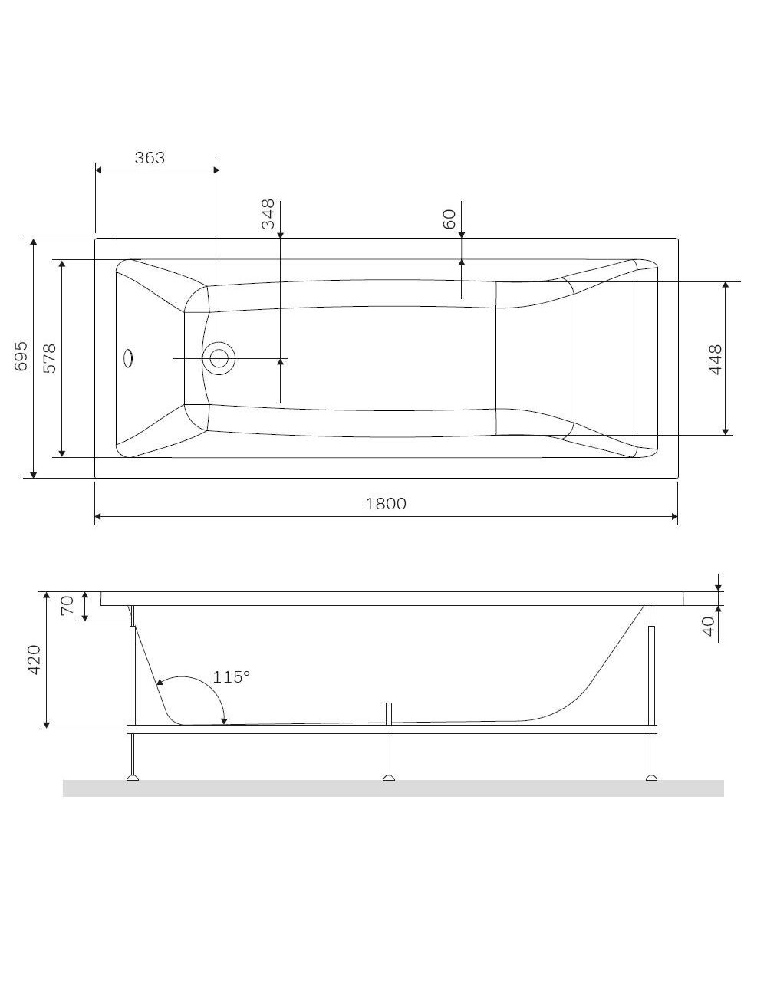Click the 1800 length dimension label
[x=386, y=504]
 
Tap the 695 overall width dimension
[x=21, y=357]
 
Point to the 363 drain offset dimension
[x=150, y=158]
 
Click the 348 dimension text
[x=268, y=214]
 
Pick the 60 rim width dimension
[x=449, y=219]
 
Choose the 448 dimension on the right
[x=716, y=360]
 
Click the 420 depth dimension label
[x=35, y=660]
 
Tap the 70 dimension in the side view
[x=67, y=606]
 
